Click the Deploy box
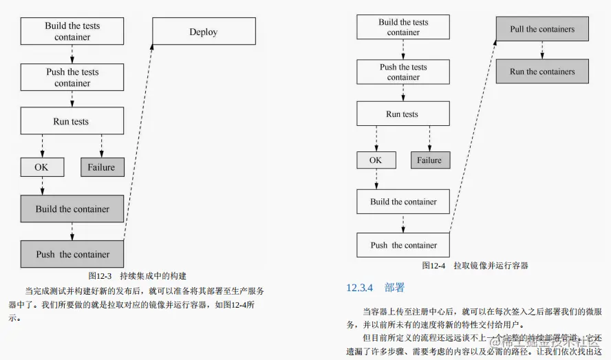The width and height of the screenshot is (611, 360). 203,32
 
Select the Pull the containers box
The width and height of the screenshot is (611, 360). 542,30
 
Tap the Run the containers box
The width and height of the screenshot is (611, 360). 542,72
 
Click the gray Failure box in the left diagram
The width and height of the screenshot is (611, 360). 101,167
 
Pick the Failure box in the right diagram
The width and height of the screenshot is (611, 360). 429,160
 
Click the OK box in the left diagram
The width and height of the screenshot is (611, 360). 43,167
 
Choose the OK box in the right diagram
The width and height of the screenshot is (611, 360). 376,160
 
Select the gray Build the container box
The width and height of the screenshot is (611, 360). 72,209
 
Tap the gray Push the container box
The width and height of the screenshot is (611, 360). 72,254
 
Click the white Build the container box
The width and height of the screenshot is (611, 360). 403,202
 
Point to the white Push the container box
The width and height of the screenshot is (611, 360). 403,245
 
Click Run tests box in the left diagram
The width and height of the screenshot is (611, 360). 72,121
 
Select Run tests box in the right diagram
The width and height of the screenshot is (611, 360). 403,114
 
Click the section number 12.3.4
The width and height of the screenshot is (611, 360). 359,288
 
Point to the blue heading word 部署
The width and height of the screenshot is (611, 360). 395,288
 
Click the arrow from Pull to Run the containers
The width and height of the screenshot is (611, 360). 542,50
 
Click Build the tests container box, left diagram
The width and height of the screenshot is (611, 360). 72,32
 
